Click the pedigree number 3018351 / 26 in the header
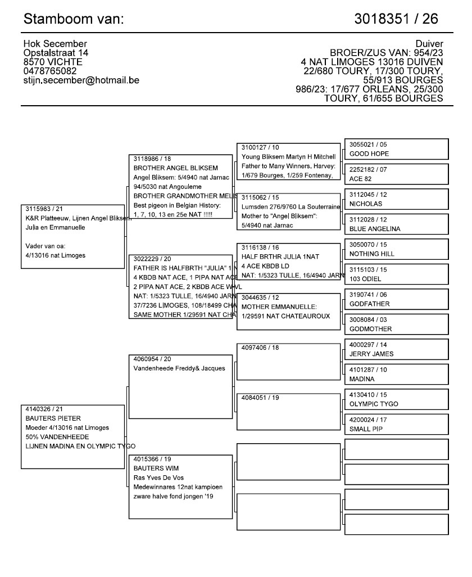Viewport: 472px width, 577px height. [397, 19]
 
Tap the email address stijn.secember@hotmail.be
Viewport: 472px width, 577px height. [81, 80]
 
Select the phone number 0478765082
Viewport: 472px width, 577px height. [51, 71]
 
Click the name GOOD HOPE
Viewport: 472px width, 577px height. [369, 154]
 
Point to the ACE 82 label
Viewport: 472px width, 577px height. [361, 178]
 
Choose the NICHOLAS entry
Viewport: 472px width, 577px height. [366, 204]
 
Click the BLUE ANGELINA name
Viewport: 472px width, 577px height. [375, 229]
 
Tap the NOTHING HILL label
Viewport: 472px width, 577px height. [372, 254]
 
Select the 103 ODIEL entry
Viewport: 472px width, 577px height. [365, 279]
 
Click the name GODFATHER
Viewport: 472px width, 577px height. [369, 304]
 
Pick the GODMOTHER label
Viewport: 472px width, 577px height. [370, 329]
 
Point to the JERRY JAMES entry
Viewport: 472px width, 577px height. [371, 354]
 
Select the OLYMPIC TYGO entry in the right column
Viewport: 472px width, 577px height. [374, 404]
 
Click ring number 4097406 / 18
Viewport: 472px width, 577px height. [260, 348]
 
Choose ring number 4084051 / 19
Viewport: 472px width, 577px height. [260, 397]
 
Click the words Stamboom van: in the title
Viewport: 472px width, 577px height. [74, 19]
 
